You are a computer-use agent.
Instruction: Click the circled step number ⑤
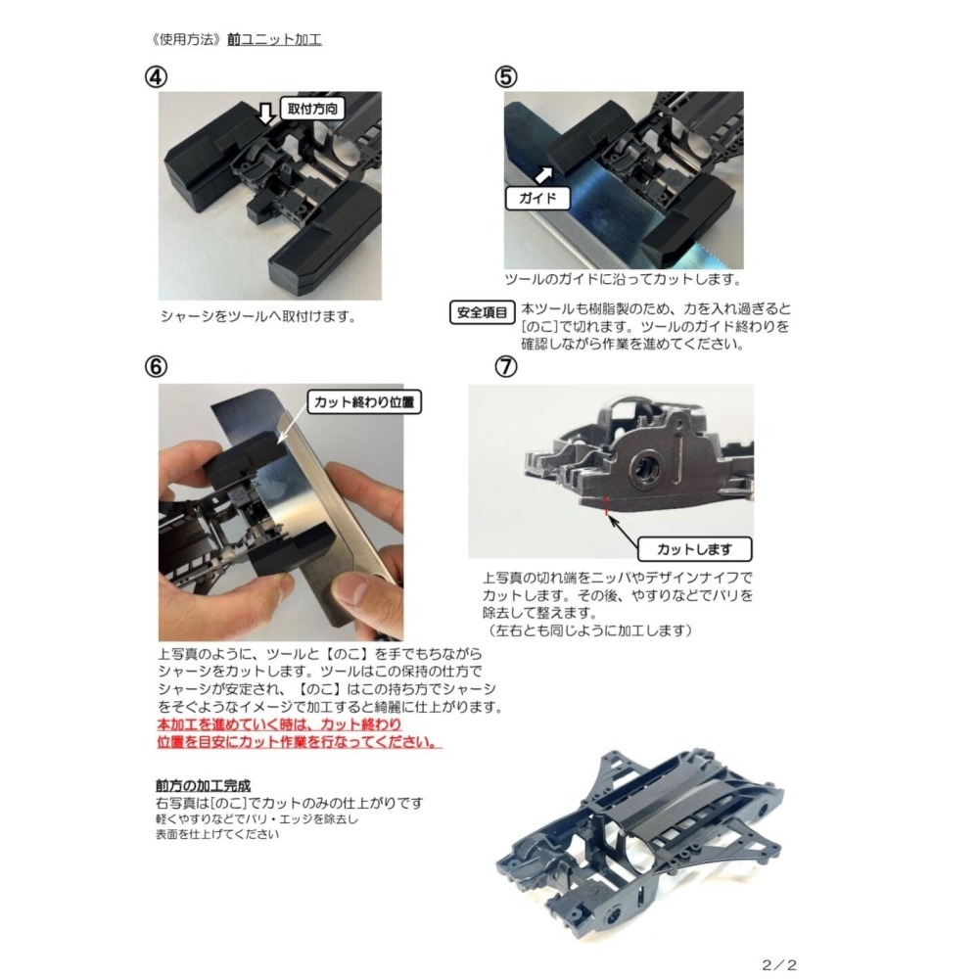click(x=506, y=76)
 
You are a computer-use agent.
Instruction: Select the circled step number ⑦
click(x=506, y=366)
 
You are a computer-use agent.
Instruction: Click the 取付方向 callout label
click(x=311, y=109)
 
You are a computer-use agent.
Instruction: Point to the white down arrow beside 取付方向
click(x=265, y=115)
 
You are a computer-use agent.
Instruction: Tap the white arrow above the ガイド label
click(x=540, y=173)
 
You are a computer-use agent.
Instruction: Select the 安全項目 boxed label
click(x=483, y=313)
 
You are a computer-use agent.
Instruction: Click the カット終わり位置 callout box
click(x=364, y=401)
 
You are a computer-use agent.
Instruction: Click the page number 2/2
click(x=778, y=964)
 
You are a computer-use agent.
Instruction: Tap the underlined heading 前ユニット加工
click(x=274, y=40)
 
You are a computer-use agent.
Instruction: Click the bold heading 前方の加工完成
click(x=203, y=785)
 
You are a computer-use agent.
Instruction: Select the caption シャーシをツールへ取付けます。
click(x=256, y=317)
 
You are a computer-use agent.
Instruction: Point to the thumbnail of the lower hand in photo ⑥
click(x=353, y=590)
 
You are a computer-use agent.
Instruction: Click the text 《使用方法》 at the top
click(x=180, y=40)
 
